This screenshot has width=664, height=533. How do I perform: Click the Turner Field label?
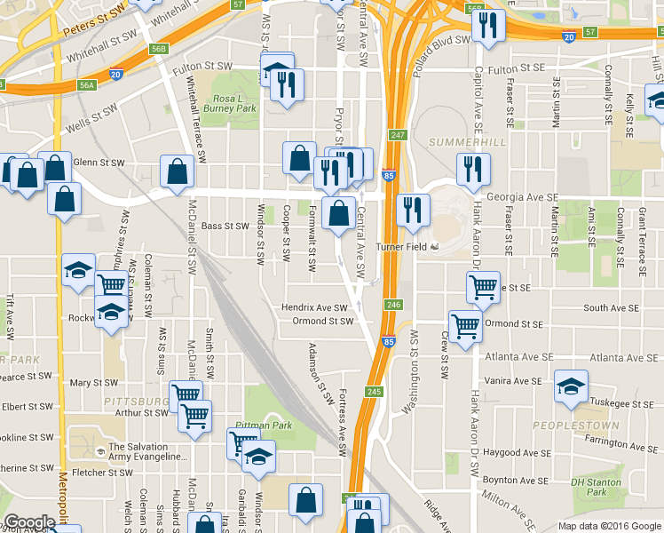[404, 246]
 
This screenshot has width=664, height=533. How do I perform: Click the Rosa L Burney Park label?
[233, 103]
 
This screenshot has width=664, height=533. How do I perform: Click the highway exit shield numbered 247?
[397, 135]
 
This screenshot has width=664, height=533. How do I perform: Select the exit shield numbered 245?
[374, 392]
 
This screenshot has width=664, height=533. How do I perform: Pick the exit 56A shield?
[86, 85]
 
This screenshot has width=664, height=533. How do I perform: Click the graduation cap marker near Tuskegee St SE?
[571, 387]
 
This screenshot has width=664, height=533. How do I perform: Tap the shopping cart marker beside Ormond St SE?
[465, 326]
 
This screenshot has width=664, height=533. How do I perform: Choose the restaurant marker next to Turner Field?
[412, 210]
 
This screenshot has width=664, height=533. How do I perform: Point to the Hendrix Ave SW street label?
[314, 307]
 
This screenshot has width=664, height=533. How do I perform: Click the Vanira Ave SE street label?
[511, 380]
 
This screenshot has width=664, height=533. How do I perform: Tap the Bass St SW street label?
[225, 226]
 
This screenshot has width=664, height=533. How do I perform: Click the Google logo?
[29, 522]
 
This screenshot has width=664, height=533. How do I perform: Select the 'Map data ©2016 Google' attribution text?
[610, 526]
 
